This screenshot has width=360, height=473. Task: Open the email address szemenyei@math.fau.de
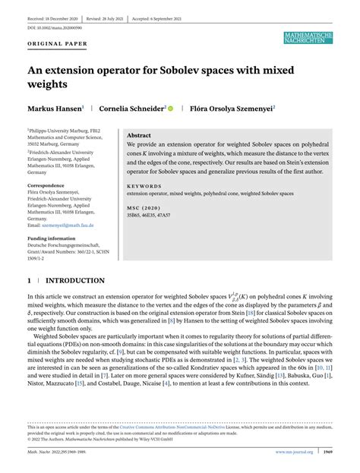pos(66,226)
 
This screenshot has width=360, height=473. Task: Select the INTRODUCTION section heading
pos(75,280)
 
